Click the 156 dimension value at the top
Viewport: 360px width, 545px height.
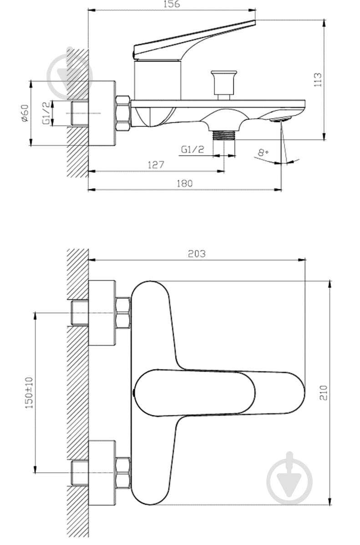click(x=172, y=4)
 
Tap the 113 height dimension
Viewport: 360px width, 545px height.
click(x=318, y=80)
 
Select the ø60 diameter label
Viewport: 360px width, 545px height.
click(x=24, y=113)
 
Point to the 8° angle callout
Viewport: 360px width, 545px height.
click(x=263, y=152)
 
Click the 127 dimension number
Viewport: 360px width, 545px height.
click(x=156, y=164)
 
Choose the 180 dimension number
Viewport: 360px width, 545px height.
click(x=184, y=183)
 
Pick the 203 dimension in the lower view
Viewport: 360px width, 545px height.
click(x=197, y=254)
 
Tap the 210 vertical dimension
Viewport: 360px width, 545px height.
click(x=324, y=393)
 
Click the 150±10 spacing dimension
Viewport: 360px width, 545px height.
click(x=30, y=393)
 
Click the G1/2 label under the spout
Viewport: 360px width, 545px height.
click(x=193, y=150)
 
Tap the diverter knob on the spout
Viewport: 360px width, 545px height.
click(x=224, y=85)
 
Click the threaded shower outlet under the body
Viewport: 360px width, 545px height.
click(x=224, y=135)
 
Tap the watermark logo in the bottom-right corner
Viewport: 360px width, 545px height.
click(x=289, y=478)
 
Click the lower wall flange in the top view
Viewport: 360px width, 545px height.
click(x=101, y=473)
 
